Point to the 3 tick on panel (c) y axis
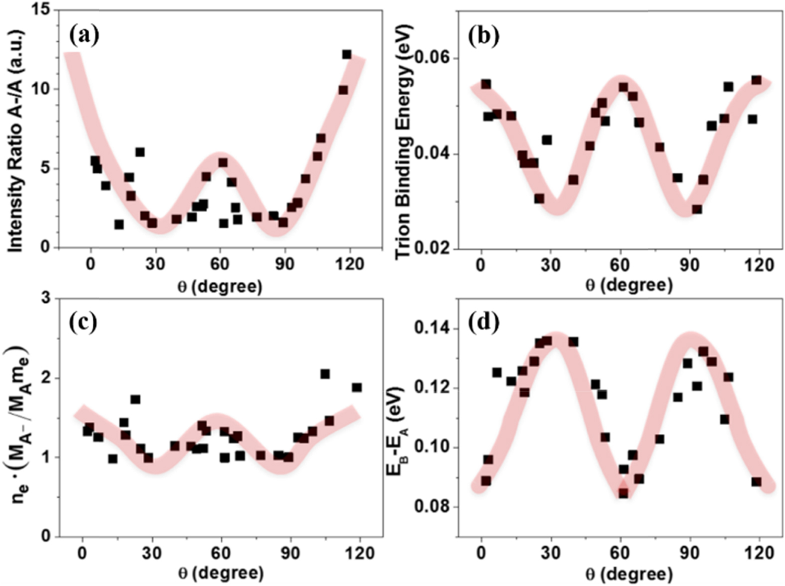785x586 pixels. (x=46, y=299)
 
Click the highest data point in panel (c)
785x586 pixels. (x=325, y=374)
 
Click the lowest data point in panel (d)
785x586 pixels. (x=623, y=493)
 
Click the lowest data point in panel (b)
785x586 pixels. (x=697, y=209)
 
